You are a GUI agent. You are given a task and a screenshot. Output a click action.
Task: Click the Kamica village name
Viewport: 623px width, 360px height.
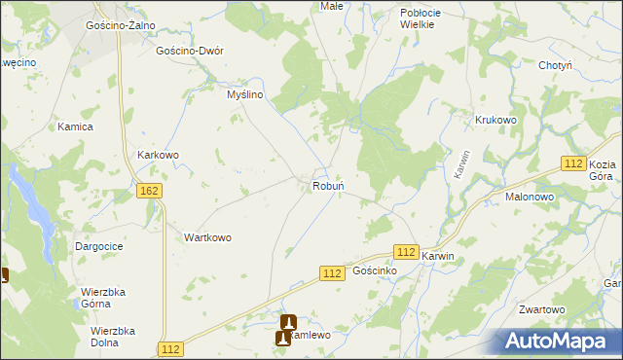[75, 126]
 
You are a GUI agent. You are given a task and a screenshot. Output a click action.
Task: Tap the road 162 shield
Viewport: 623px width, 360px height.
[149, 191]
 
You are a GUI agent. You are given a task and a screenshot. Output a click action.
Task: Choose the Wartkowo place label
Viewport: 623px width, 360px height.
[207, 237]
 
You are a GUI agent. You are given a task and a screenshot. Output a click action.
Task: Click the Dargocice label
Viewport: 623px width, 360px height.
[98, 247]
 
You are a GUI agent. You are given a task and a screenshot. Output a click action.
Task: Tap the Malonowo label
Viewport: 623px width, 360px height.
[530, 196]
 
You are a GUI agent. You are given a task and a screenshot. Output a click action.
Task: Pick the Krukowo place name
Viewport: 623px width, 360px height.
[495, 120]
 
